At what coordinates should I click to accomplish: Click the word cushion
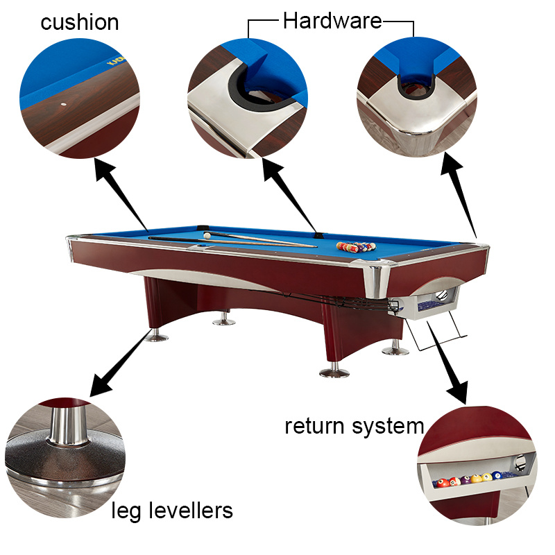[x=79, y=22]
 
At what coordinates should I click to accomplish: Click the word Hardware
[x=332, y=21]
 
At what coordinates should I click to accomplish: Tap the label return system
[x=355, y=426]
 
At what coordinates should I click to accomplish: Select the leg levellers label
[x=172, y=511]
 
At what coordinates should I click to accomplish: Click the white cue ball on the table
[x=207, y=235]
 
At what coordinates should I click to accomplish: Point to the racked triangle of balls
[x=356, y=247]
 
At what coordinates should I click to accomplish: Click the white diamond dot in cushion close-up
[x=64, y=105]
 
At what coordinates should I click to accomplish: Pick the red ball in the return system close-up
[x=442, y=482]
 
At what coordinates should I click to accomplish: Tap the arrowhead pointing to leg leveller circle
[x=101, y=385]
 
